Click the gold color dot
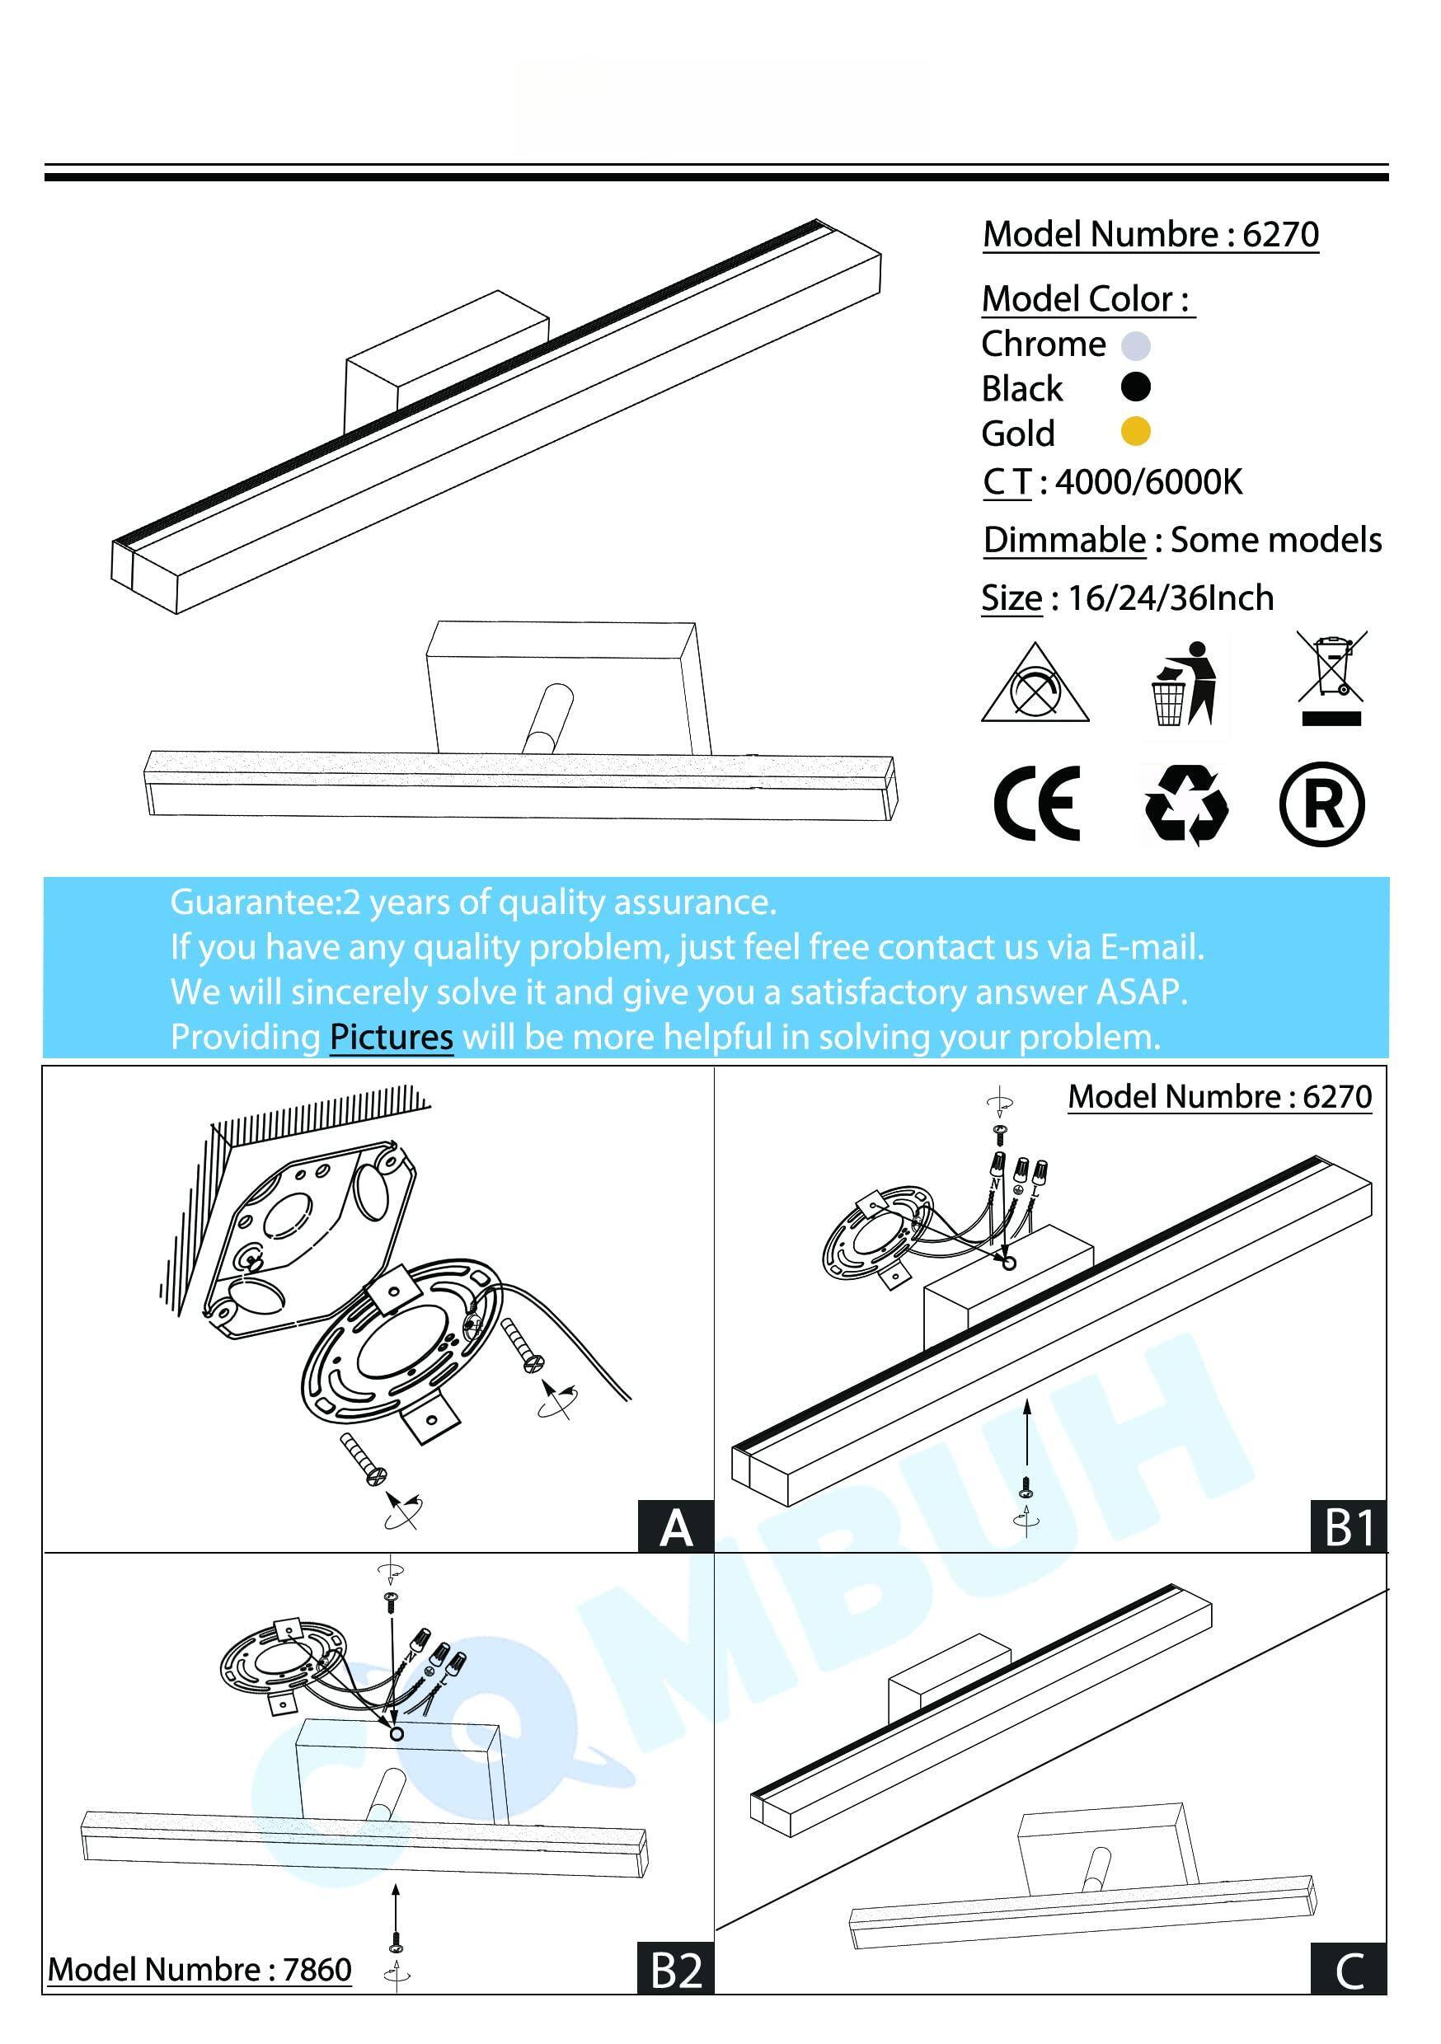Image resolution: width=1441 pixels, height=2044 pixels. (x=1134, y=432)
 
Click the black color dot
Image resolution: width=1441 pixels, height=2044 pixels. (x=1134, y=387)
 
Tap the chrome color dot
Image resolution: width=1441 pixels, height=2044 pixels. (x=1135, y=345)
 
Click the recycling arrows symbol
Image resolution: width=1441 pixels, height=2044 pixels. (x=1185, y=804)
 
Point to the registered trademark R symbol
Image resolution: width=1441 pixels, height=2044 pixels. (x=1321, y=804)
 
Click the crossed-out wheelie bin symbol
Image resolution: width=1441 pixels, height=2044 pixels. (x=1331, y=678)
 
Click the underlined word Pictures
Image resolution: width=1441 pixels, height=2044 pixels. (x=391, y=1037)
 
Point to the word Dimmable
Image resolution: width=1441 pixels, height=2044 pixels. (x=1064, y=541)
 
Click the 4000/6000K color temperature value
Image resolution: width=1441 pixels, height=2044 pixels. (x=1149, y=481)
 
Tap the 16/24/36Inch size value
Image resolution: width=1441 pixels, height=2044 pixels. (x=1171, y=598)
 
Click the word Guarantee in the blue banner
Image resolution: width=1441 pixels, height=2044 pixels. (x=251, y=902)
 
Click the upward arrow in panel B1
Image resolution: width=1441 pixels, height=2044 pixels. (x=1027, y=1433)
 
